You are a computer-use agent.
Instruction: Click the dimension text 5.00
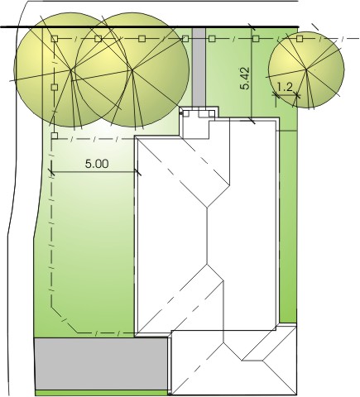click(97, 164)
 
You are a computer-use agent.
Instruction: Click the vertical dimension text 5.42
click(245, 79)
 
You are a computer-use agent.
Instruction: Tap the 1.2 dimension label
click(284, 88)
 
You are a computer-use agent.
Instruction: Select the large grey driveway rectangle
click(101, 364)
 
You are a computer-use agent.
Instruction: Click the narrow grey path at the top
click(199, 68)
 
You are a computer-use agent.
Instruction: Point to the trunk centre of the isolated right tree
click(306, 69)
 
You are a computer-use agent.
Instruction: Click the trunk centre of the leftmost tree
click(71, 70)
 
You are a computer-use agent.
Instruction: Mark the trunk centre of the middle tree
click(132, 70)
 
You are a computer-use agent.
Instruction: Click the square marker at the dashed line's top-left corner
click(55, 39)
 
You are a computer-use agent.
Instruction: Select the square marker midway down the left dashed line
click(55, 87)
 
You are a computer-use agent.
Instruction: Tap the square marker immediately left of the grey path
click(185, 39)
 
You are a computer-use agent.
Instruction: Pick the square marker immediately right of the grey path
click(212, 39)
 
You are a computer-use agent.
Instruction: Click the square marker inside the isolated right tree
click(300, 39)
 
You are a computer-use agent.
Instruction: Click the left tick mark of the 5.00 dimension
click(51, 172)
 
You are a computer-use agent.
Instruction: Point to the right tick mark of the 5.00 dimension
click(137, 172)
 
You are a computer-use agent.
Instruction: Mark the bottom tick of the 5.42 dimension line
click(252, 121)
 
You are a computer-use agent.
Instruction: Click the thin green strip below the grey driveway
click(102, 393)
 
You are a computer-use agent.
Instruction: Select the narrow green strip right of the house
click(288, 226)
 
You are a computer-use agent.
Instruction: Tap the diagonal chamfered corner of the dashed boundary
click(65, 320)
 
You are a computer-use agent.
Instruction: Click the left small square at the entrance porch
click(186, 113)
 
